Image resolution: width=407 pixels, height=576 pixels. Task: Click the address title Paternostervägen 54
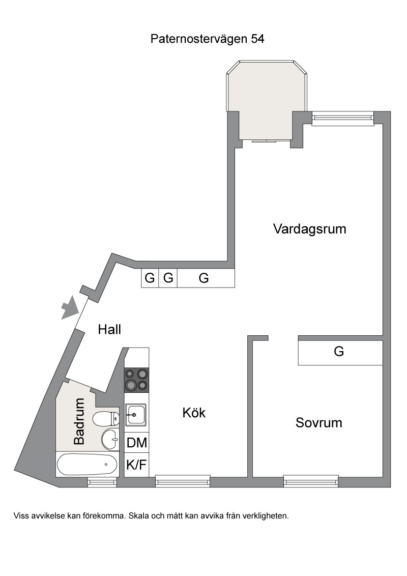(207, 39)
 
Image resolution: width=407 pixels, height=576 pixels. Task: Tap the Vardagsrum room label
(310, 229)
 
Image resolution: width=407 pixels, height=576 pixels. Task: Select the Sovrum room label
(319, 423)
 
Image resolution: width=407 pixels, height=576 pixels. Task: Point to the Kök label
(194, 413)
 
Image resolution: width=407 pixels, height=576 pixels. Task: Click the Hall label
(109, 330)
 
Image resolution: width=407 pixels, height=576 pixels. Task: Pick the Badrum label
(79, 421)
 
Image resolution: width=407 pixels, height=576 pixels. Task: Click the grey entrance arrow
(70, 307)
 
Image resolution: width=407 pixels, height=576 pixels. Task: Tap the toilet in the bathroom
(106, 419)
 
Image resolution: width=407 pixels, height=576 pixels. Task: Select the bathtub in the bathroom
(88, 465)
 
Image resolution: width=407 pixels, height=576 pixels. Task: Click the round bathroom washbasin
(110, 439)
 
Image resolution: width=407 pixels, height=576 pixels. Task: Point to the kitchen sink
(136, 415)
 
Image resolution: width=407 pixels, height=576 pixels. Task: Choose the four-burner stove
(137, 380)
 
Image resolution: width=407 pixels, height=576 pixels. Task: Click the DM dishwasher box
(137, 443)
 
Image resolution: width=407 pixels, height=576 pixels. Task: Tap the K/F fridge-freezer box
(137, 465)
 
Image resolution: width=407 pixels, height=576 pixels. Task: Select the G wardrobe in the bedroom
(340, 352)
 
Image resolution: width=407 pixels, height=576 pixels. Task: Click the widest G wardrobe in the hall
(206, 278)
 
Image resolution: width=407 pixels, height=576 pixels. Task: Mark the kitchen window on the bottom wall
(183, 481)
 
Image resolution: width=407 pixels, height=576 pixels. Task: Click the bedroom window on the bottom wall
(311, 481)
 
